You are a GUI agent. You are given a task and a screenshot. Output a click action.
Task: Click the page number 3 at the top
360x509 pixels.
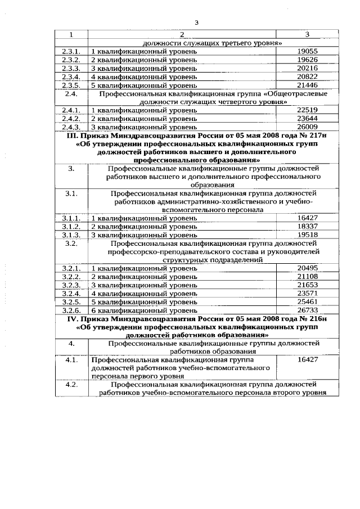coord(196,22)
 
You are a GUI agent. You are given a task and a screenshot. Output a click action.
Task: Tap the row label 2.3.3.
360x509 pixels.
coord(73,68)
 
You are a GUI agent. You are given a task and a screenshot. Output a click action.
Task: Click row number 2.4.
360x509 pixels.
coord(71,93)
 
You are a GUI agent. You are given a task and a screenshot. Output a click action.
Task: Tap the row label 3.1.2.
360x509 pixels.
coord(73,226)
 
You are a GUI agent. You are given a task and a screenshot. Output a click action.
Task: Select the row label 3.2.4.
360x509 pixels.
coord(73,294)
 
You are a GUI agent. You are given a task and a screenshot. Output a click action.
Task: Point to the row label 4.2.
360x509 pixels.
coord(71,385)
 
